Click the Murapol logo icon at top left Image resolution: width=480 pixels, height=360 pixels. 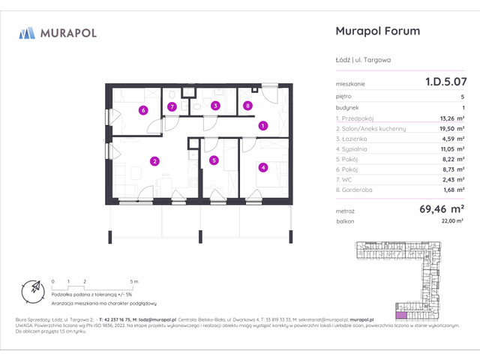click(28, 32)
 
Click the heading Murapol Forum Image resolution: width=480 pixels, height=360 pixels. click(375, 31)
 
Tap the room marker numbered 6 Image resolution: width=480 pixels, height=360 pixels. click(142, 110)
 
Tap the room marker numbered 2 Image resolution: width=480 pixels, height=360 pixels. click(154, 160)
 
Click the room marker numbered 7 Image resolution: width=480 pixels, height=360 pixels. click(172, 106)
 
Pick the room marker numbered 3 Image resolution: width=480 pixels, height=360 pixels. click(214, 106)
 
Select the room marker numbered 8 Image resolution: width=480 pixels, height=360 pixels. click(247, 106)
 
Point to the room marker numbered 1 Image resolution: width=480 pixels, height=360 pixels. click(262, 126)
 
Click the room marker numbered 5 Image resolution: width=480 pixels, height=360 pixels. click(214, 160)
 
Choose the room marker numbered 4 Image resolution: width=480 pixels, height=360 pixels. click(262, 167)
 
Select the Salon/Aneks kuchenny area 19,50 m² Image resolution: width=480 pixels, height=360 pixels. click(449, 128)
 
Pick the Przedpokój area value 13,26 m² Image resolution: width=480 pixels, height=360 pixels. click(449, 118)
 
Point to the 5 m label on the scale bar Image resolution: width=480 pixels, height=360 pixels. click(133, 280)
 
